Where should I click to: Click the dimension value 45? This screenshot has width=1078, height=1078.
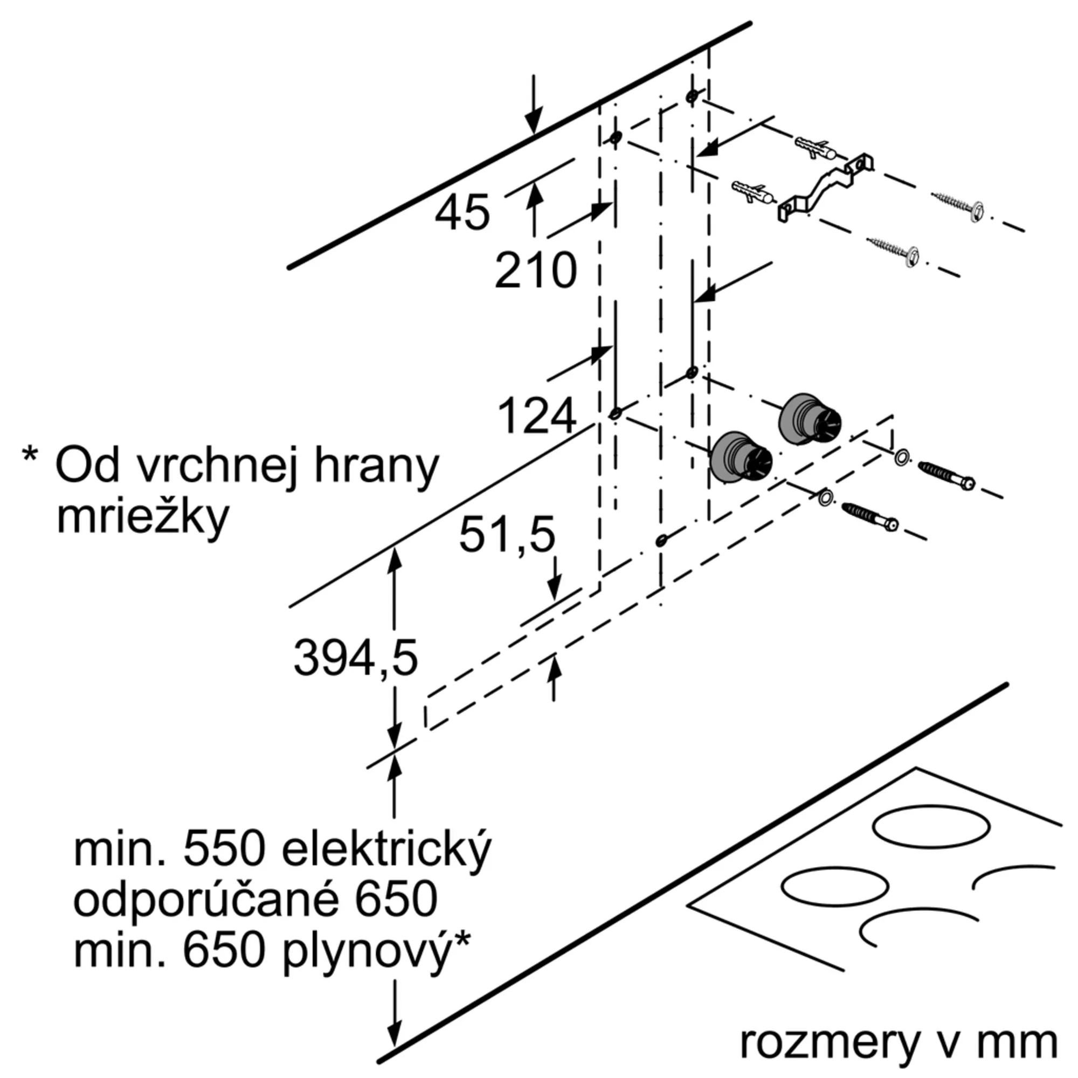[x=462, y=213]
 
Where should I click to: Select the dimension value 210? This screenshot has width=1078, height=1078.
[x=535, y=271]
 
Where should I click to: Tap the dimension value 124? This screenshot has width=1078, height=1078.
[x=536, y=416]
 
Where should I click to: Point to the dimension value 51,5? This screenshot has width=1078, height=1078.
[x=507, y=534]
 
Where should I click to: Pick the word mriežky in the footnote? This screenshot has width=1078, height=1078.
[x=143, y=518]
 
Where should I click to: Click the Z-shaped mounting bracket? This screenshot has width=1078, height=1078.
[x=826, y=188]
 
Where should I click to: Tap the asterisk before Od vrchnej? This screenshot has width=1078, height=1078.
[x=30, y=454]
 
